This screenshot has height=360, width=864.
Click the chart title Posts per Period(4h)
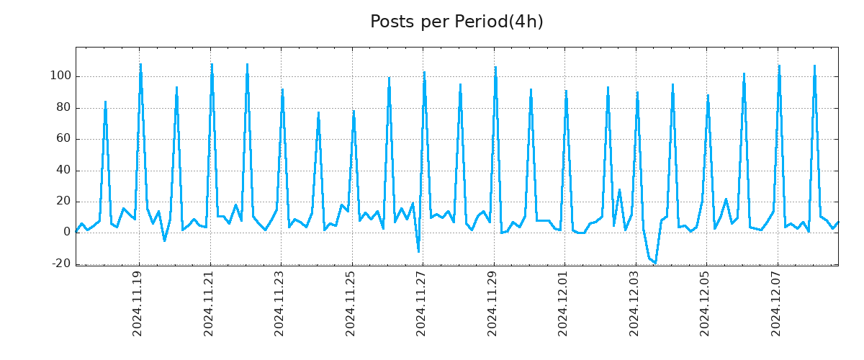pos(456,22)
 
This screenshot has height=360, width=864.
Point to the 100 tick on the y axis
pos(60,76)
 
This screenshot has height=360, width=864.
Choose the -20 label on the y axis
pos(61,264)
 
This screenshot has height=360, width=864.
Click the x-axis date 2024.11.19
pos(138,302)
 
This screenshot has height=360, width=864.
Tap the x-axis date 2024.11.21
pos(210,302)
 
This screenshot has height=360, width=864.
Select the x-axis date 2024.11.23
pos(280,302)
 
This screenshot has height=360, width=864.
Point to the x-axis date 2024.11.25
pos(351,302)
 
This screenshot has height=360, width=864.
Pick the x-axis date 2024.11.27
pos(422,302)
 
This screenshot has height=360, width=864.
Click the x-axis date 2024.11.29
pos(493,302)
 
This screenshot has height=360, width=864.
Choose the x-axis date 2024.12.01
pos(564,302)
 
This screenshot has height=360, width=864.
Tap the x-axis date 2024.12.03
pos(635,302)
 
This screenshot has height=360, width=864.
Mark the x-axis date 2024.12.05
pos(706,302)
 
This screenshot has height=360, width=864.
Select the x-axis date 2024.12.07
pos(777,302)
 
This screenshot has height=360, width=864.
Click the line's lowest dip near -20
pos(655,263)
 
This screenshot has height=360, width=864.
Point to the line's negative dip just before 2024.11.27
pos(418,251)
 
